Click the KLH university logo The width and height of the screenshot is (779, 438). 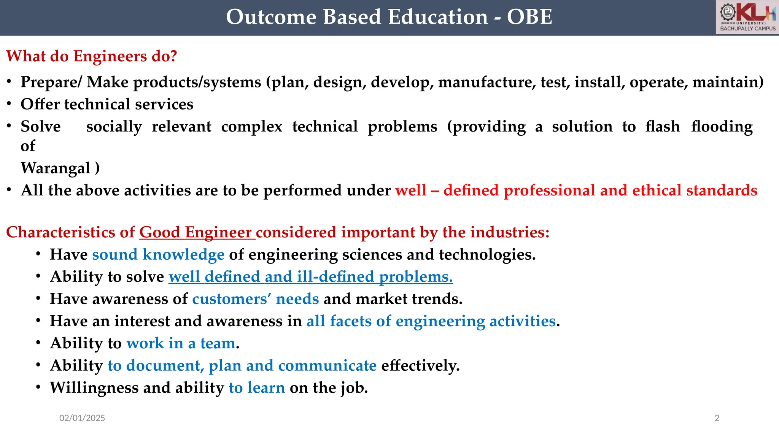[747, 17]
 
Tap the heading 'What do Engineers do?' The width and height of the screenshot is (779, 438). [92, 56]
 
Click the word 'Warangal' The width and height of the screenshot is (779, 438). [56, 168]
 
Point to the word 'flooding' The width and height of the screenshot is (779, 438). [722, 127]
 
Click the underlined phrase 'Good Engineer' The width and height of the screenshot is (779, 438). [196, 232]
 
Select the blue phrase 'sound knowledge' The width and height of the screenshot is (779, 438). [158, 254]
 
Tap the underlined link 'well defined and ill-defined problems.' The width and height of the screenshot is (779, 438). [310, 277]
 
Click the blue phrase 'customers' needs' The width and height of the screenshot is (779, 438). [255, 299]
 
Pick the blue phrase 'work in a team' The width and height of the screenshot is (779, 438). [181, 343]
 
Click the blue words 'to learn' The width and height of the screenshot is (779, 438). [257, 388]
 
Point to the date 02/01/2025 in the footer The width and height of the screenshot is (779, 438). [82, 418]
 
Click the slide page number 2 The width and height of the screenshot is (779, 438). [717, 418]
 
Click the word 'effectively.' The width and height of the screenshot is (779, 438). [420, 366]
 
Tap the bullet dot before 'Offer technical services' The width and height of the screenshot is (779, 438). [9, 104]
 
